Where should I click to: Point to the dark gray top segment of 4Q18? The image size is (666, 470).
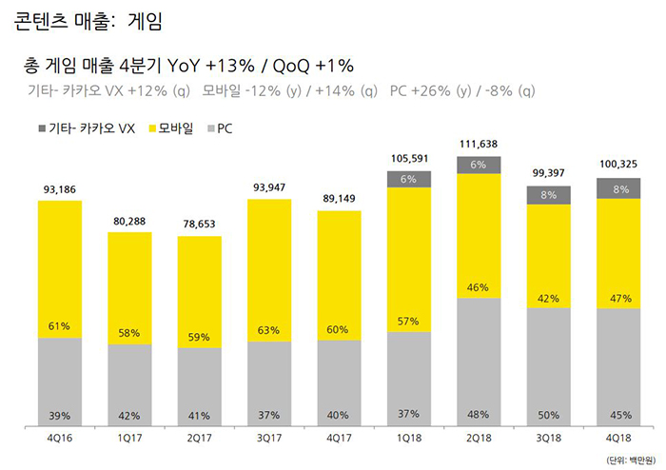click(x=618, y=187)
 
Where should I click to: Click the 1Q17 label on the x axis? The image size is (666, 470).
click(x=129, y=440)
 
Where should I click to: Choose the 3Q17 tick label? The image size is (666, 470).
click(x=269, y=440)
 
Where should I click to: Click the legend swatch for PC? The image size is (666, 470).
click(x=211, y=127)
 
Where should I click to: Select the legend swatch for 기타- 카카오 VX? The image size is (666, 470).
click(x=42, y=127)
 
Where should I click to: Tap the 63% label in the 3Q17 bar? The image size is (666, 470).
click(x=269, y=330)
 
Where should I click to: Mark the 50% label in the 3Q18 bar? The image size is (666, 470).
click(x=548, y=415)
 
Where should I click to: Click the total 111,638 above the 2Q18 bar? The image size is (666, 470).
click(x=479, y=145)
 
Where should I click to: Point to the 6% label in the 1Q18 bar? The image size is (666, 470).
click(x=409, y=179)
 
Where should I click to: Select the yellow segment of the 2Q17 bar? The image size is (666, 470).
click(x=200, y=285)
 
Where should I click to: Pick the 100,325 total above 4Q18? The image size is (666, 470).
click(x=618, y=164)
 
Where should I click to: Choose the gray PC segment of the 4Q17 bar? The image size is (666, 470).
click(x=339, y=381)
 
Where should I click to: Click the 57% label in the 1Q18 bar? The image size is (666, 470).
click(x=409, y=322)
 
